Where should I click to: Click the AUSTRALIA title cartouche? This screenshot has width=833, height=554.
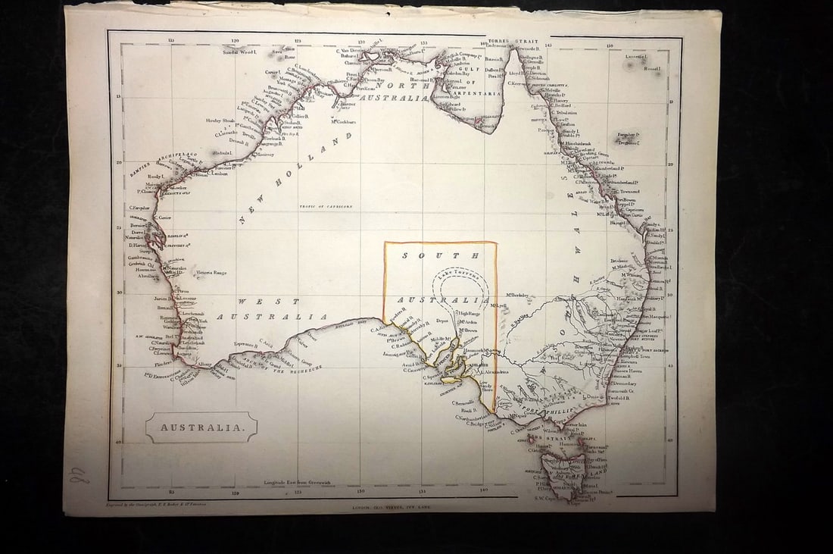[201, 427]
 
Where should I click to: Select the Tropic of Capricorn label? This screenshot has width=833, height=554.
[326, 206]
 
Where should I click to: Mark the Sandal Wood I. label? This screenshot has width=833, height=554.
[240, 52]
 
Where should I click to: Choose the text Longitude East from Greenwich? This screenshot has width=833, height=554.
[298, 482]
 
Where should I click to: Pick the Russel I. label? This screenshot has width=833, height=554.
[652, 68]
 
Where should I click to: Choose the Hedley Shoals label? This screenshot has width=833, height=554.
[220, 121]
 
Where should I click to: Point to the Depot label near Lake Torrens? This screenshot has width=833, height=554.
[444, 321]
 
